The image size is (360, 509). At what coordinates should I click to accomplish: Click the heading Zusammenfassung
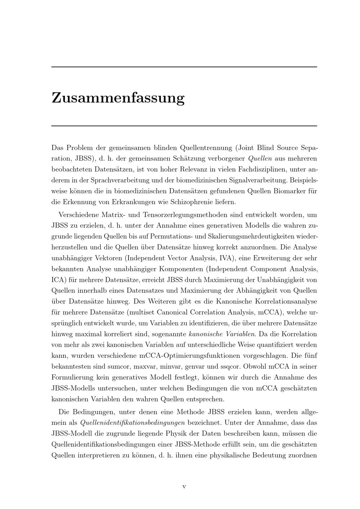118,98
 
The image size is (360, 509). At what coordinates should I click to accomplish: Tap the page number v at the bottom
184,487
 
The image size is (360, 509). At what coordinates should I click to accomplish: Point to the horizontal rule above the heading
184,67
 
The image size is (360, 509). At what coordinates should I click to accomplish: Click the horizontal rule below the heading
184,126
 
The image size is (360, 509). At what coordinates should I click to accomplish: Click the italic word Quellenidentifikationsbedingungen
133,423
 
